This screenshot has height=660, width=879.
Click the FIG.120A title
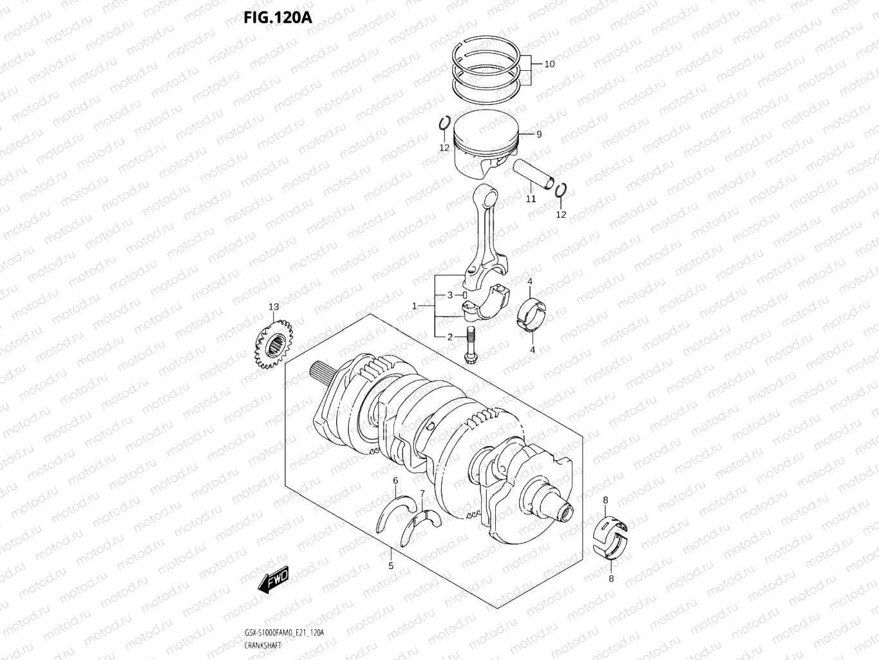click(x=278, y=17)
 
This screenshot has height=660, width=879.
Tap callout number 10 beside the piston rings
click(x=549, y=64)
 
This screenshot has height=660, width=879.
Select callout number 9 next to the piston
click(x=538, y=134)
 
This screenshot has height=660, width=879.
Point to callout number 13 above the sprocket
click(x=274, y=307)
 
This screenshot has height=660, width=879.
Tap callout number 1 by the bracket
click(x=415, y=306)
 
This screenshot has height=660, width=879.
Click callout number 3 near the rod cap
click(x=450, y=295)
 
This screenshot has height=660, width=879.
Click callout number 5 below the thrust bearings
click(x=390, y=566)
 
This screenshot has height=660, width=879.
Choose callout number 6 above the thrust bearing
click(x=395, y=480)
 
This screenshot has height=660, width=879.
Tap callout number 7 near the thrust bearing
click(x=422, y=494)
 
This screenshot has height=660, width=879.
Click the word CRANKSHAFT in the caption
click(x=263, y=645)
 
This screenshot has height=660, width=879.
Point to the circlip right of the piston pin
click(x=560, y=190)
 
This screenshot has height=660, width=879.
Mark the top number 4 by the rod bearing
click(x=529, y=281)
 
